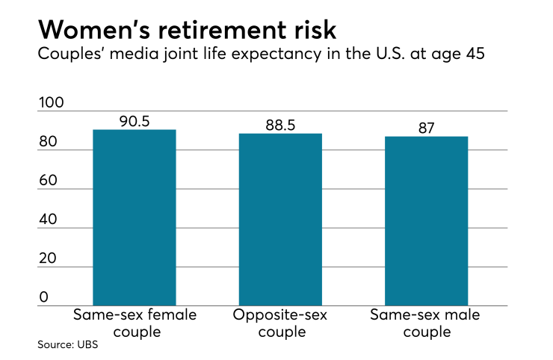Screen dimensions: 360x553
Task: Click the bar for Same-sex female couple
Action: click(135, 217)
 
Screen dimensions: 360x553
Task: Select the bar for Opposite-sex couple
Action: click(280, 220)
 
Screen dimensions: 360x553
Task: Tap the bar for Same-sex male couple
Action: click(426, 221)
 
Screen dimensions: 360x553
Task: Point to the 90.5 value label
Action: click(135, 121)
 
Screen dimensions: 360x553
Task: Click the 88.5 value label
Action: click(280, 125)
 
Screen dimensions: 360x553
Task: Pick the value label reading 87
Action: click(426, 128)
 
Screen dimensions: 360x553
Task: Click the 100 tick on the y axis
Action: click(52, 104)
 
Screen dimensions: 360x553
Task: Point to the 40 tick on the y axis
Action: click(48, 220)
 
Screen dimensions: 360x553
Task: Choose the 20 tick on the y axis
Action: click(48, 258)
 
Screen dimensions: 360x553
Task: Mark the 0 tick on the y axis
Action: click(43, 297)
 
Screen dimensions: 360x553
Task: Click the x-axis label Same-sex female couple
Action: click(135, 323)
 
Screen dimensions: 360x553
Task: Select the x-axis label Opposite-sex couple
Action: click(280, 323)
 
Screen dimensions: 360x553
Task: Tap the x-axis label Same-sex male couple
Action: click(426, 323)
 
